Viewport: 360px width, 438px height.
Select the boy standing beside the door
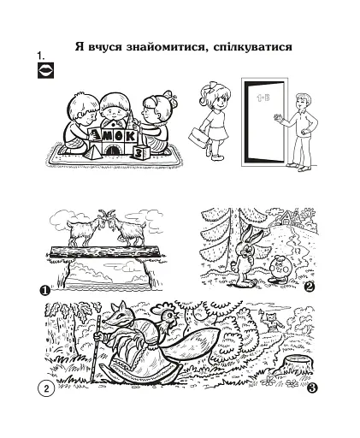[300, 128]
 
